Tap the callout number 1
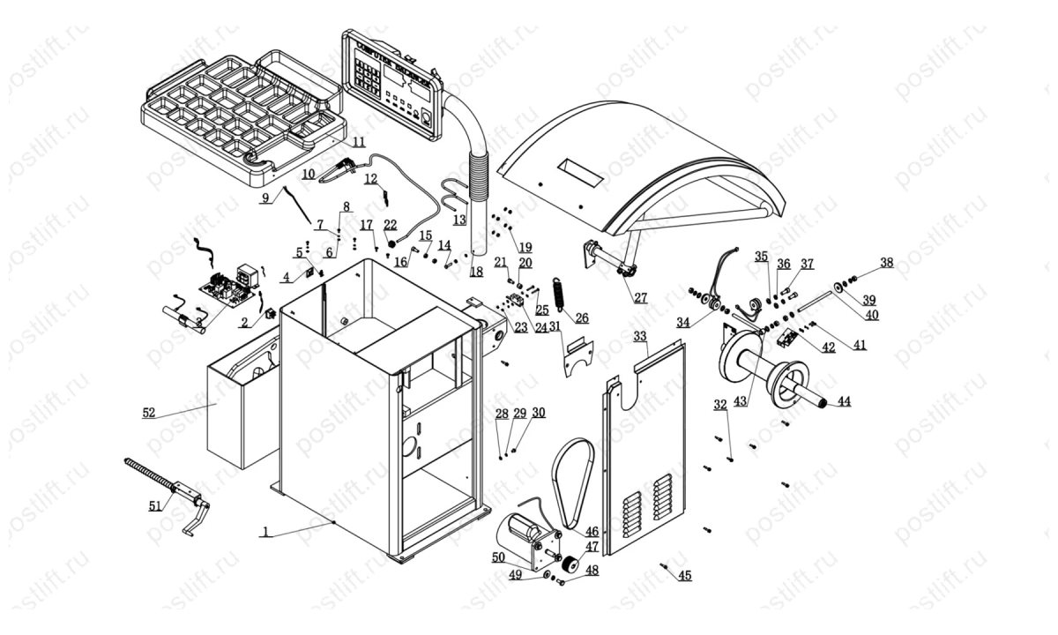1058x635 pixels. click(264, 532)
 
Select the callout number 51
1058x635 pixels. click(155, 505)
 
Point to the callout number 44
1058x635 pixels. click(844, 401)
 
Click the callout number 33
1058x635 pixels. click(640, 335)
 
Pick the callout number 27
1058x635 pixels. click(640, 298)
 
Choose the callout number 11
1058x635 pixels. click(359, 141)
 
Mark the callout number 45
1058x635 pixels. click(684, 575)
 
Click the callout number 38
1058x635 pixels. click(886, 262)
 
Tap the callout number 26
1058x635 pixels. click(581, 317)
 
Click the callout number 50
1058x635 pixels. click(498, 557)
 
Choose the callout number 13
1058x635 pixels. click(459, 219)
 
